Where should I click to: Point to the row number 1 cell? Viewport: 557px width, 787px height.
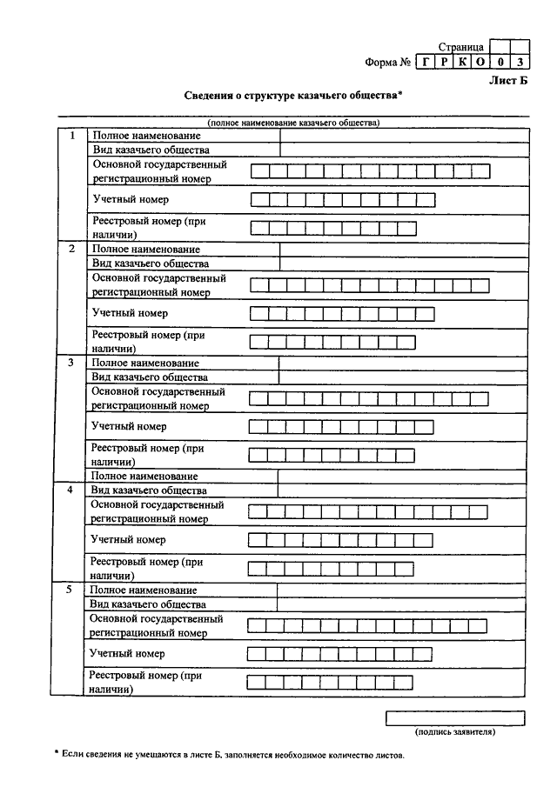[72, 136]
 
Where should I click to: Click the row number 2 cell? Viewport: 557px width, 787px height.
[72, 249]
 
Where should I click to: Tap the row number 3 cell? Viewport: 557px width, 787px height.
[71, 362]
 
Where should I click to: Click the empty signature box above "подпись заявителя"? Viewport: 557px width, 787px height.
[455, 718]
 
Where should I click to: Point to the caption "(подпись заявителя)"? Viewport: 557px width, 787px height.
[455, 732]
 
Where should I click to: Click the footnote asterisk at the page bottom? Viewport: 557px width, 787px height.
[55, 752]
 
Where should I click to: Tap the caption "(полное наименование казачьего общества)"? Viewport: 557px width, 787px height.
[293, 123]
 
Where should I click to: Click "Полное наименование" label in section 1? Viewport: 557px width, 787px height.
[146, 136]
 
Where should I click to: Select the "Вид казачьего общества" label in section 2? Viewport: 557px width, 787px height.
[150, 263]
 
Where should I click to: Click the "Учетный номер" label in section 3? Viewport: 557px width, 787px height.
[129, 426]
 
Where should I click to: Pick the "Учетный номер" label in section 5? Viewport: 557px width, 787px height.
[127, 652]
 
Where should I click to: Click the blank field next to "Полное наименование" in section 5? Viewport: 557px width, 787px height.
[402, 590]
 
